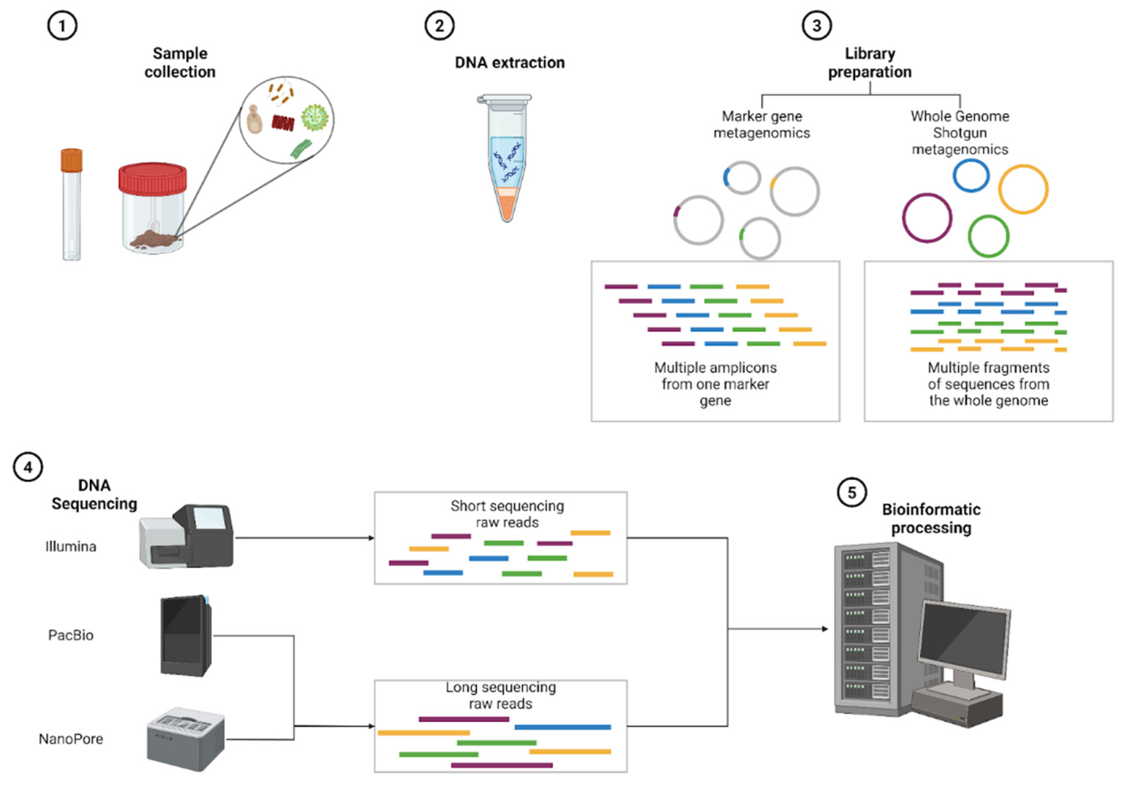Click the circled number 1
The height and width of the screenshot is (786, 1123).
point(62,25)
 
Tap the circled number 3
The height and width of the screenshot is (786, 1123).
point(816,25)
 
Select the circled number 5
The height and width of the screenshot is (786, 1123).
point(852,492)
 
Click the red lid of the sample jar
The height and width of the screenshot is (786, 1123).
point(152,178)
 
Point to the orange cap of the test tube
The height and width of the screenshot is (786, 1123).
point(72,160)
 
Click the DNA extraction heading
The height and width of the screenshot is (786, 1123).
point(510,63)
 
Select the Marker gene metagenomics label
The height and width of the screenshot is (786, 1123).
point(761,124)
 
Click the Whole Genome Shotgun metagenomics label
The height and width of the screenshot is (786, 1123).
point(960,132)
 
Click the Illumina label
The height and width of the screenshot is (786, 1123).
point(71,546)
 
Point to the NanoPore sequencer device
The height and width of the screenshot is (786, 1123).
point(186,739)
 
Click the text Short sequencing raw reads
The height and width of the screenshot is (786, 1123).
point(507,514)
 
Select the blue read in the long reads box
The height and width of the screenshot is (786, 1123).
point(563,727)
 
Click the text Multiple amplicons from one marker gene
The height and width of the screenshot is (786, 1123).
point(715,384)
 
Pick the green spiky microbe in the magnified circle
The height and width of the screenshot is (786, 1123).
point(315,117)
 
